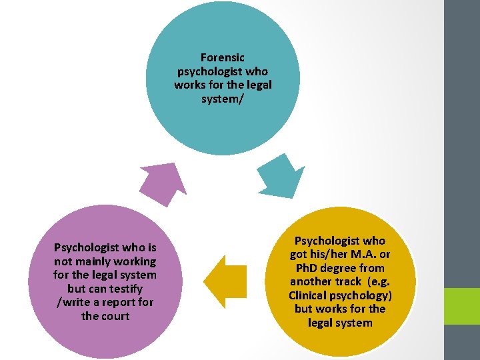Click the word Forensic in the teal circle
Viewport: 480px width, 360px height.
point(223,58)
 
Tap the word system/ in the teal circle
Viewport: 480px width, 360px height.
point(223,99)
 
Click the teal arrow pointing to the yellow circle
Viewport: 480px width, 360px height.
point(280,176)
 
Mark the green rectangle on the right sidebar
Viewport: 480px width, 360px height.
point(462,306)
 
